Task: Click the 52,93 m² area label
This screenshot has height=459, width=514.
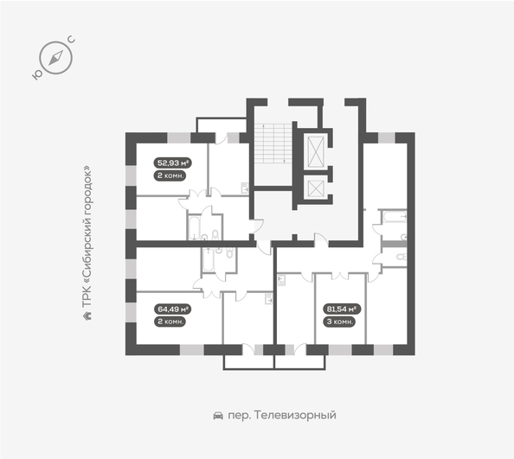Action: pyautogui.click(x=172, y=161)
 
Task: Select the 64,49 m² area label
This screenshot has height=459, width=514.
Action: pyautogui.click(x=172, y=308)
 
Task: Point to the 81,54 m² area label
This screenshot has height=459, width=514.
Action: pyautogui.click(x=343, y=308)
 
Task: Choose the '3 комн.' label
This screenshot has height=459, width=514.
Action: pyautogui.click(x=343, y=322)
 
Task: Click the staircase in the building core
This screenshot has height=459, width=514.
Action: pyautogui.click(x=273, y=142)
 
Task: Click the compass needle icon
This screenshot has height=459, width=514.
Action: pyautogui.click(x=56, y=58)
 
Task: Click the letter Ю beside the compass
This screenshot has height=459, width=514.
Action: pyautogui.click(x=38, y=75)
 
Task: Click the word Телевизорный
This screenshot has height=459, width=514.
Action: pyautogui.click(x=298, y=416)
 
